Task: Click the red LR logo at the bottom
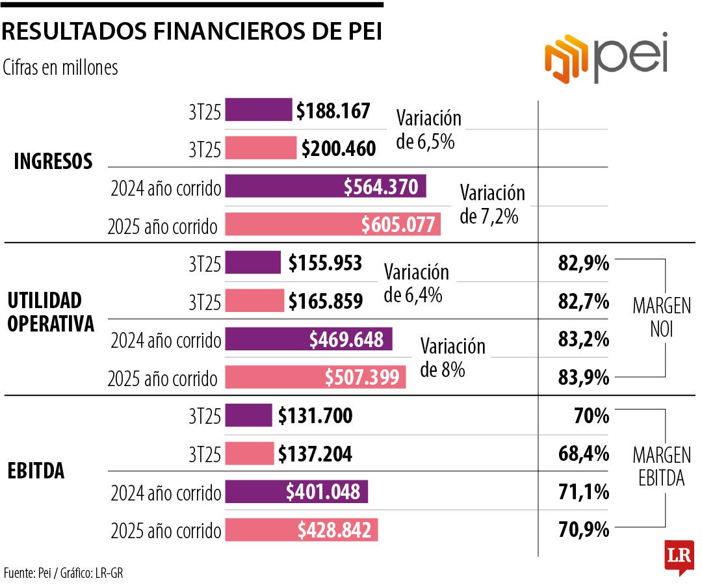679,556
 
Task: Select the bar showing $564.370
326,187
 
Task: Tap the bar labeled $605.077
333,224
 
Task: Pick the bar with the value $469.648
308,339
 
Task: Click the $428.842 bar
301,530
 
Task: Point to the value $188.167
333,110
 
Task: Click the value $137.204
315,454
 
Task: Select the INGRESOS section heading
53,161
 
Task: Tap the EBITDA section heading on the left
36,471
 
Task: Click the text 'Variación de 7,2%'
491,204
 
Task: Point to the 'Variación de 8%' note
452,357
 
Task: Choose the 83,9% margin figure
583,377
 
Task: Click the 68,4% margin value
583,454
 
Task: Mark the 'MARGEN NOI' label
661,318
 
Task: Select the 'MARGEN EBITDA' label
662,466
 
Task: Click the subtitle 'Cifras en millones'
60,68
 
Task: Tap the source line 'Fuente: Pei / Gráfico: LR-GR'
63,573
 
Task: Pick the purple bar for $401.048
296,492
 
